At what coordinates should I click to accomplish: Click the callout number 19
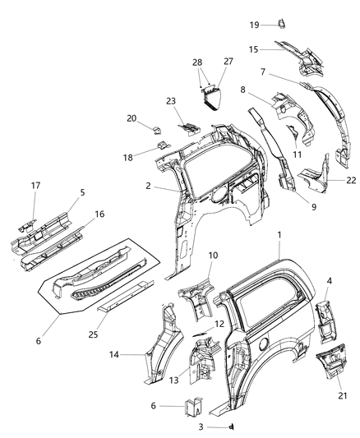tap(255, 25)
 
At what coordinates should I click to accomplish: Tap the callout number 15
tap(255, 49)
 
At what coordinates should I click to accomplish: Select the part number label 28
tap(196, 63)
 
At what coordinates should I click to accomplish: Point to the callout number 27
tap(228, 62)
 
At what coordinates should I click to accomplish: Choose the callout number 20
tap(132, 118)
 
